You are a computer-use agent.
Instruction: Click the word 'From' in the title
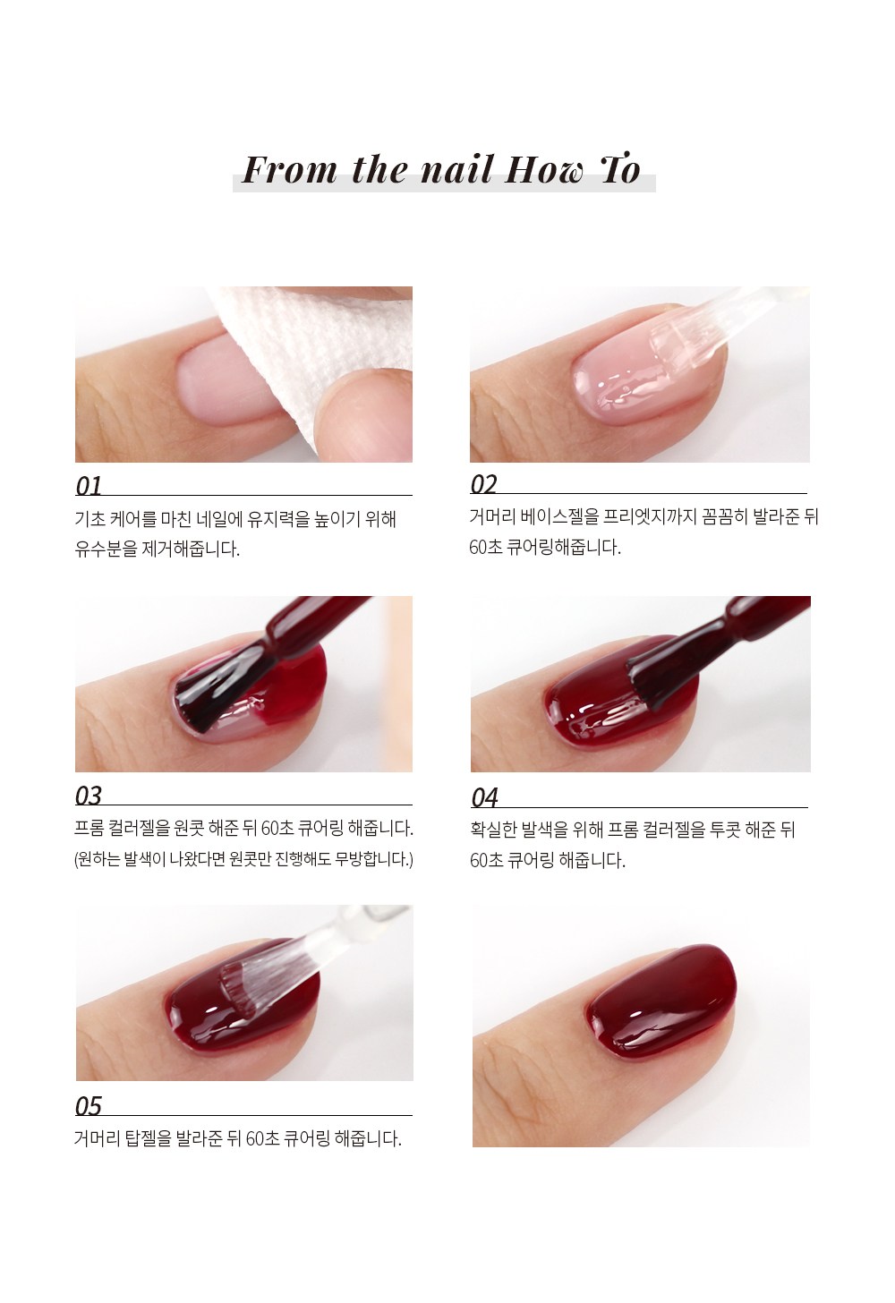289,170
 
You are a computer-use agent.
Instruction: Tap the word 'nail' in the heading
456,170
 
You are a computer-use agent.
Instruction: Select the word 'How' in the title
543,170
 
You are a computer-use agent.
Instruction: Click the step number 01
89,486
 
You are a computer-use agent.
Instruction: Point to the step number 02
483,484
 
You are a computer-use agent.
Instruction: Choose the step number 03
89,796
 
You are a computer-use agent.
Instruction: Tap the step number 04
485,797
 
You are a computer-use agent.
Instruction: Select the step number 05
89,1106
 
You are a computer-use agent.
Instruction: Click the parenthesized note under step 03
243,858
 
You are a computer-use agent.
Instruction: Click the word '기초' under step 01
89,518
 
